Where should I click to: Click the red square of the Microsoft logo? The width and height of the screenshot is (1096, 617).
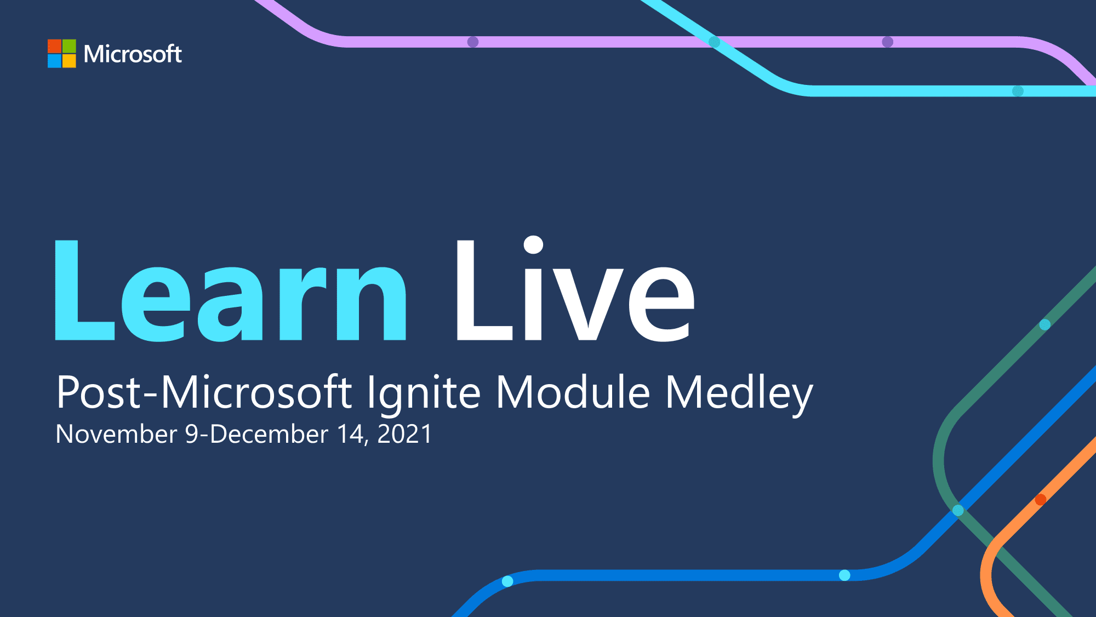click(x=54, y=46)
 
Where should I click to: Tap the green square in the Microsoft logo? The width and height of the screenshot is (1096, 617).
click(x=69, y=46)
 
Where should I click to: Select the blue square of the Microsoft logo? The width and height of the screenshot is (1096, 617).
click(x=54, y=61)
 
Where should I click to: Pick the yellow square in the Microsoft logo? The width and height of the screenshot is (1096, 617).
click(x=69, y=61)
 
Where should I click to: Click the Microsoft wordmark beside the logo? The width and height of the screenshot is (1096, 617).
click(x=133, y=54)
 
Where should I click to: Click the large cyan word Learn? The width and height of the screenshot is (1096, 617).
click(x=231, y=290)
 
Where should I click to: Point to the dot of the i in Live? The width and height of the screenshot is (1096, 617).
click(x=533, y=245)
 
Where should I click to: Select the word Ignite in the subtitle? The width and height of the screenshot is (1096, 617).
click(x=424, y=394)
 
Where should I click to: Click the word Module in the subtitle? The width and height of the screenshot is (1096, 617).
click(x=573, y=392)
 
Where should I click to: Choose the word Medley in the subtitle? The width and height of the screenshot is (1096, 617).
click(x=739, y=394)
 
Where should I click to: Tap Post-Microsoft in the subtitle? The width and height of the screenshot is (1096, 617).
click(x=204, y=392)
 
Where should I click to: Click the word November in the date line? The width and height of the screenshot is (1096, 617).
click(x=116, y=434)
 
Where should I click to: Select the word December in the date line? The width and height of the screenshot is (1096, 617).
click(x=269, y=434)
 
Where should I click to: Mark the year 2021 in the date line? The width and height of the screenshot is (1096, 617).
click(x=405, y=434)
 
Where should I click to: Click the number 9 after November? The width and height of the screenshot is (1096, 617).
click(x=191, y=434)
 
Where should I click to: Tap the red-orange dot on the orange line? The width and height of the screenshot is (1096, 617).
click(x=1041, y=499)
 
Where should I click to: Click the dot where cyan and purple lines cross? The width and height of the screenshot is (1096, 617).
click(x=715, y=42)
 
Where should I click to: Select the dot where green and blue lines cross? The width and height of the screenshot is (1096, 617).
click(x=958, y=510)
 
